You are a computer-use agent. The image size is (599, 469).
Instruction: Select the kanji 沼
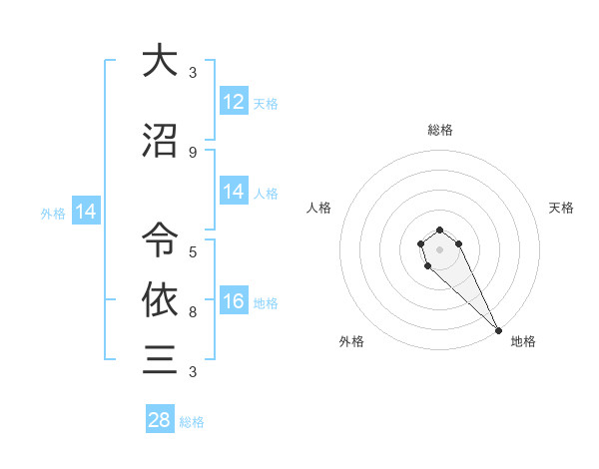[x=160, y=142]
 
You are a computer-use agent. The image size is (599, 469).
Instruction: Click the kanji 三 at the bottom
[x=160, y=358]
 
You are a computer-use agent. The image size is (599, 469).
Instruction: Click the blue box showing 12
[x=234, y=102]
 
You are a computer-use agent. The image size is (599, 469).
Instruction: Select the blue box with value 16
[x=234, y=302]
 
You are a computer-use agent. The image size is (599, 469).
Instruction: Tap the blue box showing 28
[x=160, y=420]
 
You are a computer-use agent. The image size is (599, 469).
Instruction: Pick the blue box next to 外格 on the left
[x=86, y=212]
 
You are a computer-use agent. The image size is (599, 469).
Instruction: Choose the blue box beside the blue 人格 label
[x=234, y=192]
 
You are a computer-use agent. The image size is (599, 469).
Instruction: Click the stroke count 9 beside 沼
[x=193, y=152]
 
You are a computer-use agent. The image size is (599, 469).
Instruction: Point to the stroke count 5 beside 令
[x=193, y=251]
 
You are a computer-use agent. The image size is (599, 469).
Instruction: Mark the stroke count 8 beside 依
[x=193, y=311]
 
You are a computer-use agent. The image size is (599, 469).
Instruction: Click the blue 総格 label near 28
[x=192, y=422]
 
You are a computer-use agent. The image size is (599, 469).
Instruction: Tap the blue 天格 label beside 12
[x=266, y=103]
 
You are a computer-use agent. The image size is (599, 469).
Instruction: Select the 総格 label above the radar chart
[x=440, y=130]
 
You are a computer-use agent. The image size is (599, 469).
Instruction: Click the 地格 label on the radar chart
[x=523, y=341]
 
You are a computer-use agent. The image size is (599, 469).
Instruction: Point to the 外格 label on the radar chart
[x=351, y=341]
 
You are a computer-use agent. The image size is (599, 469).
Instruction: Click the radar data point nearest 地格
[x=498, y=330]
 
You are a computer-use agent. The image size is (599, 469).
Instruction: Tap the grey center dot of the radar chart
[x=439, y=249]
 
